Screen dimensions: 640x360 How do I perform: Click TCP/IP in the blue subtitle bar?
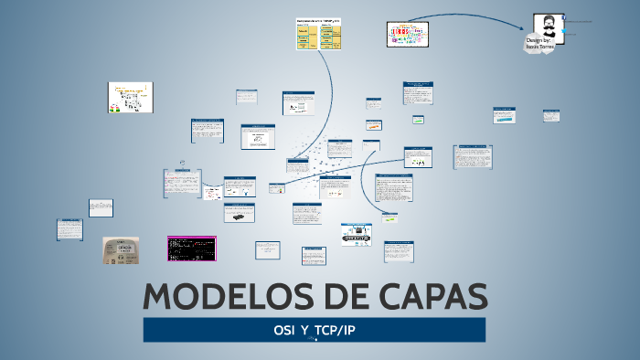[334, 329]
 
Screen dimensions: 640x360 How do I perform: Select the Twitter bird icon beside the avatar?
[566, 33]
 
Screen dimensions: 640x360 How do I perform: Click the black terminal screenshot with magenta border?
[190, 248]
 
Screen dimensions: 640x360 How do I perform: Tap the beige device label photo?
[121, 250]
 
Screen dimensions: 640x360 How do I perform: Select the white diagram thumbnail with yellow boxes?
[131, 98]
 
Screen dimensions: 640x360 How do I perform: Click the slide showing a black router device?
[240, 214]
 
